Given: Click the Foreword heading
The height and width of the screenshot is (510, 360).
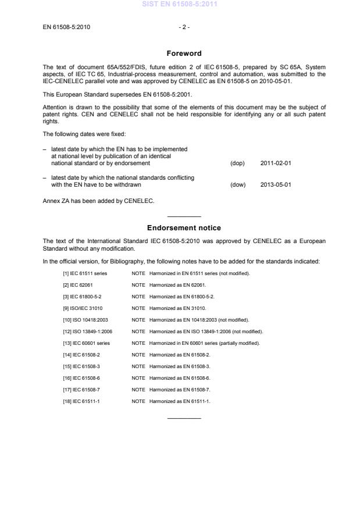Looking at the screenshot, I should (184, 54).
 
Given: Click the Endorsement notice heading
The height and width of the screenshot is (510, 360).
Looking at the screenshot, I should (184, 228).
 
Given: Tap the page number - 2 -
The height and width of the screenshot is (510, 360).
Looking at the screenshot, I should (184, 27).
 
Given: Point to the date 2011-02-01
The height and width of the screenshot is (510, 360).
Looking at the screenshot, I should (275, 163).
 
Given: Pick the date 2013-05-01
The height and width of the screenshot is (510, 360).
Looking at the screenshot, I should (275, 185).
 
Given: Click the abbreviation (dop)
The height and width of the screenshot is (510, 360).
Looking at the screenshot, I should (238, 163).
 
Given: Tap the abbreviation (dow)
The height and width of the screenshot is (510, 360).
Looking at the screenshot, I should (238, 185).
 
